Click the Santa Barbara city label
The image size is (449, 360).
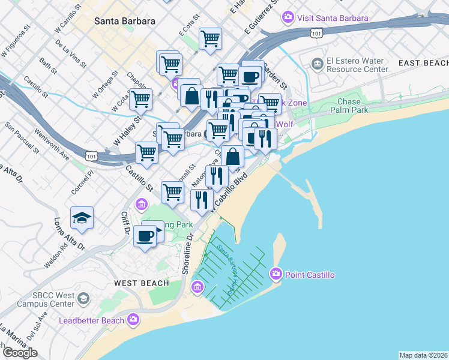[125, 21]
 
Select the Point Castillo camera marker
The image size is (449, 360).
[276, 275]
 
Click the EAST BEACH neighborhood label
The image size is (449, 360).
[423, 63]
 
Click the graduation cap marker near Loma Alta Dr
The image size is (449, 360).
[82, 217]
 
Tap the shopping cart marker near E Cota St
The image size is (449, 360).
[210, 39]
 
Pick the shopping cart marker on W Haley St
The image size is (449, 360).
[140, 100]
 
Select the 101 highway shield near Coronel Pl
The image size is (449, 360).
[91, 156]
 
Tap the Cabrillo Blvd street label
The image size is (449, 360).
[231, 192]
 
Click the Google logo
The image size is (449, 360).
[19, 353]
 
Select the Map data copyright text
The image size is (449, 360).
[424, 355]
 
